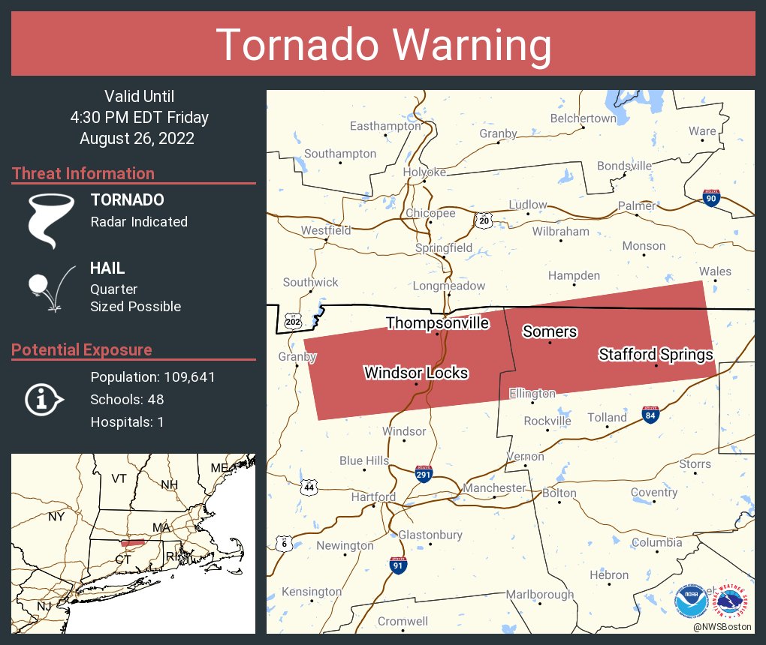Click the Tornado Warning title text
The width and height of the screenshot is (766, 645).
(384, 45)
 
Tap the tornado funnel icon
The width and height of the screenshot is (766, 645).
(51, 220)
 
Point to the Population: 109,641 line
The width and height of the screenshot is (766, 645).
(152, 376)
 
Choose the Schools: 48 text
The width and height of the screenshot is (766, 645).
(127, 399)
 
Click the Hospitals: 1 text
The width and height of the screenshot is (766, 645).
(127, 421)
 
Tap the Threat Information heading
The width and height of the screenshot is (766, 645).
(83, 173)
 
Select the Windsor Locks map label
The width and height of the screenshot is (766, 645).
(416, 373)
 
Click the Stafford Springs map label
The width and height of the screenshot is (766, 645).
(656, 354)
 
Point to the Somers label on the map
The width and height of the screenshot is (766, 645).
(550, 331)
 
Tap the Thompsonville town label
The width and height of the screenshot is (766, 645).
(437, 323)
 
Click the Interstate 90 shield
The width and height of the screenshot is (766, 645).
(711, 198)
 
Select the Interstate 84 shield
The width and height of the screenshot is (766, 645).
(651, 415)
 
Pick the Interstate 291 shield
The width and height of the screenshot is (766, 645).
(424, 473)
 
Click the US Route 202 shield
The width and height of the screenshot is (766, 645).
(294, 322)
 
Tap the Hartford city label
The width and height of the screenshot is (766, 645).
(373, 497)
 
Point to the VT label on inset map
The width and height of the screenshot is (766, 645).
(119, 478)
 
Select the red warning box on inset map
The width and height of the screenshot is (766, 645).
(133, 542)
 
